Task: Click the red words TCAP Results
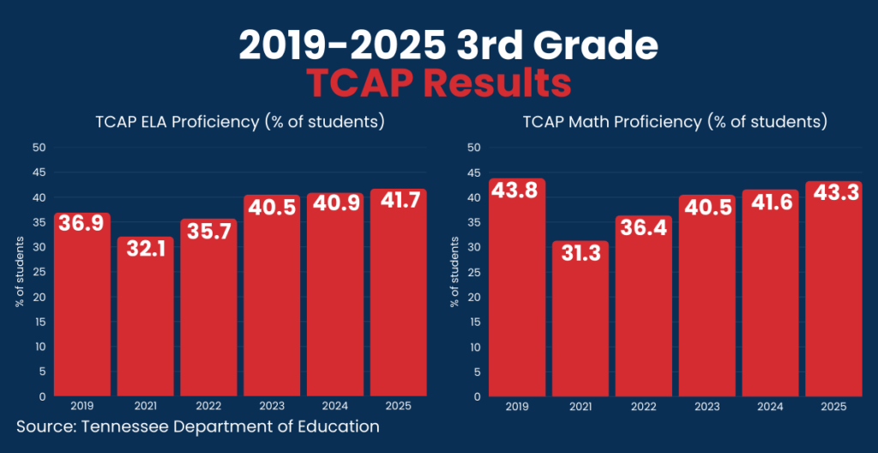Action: click(439, 84)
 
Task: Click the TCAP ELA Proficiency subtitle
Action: click(239, 122)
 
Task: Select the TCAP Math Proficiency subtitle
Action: click(675, 122)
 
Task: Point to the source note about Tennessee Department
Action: click(197, 426)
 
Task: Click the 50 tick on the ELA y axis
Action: click(39, 148)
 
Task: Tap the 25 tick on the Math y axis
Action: click(474, 272)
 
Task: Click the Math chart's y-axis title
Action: click(454, 272)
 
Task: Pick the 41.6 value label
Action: click(770, 204)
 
